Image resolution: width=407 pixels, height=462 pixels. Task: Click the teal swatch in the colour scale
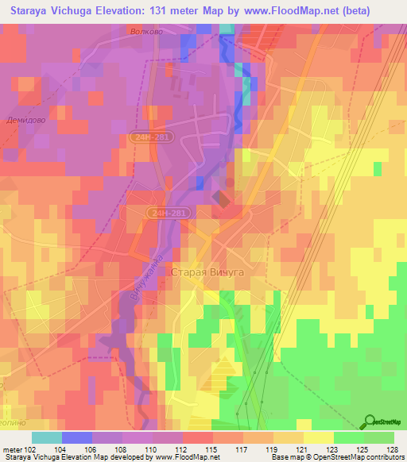[47, 437]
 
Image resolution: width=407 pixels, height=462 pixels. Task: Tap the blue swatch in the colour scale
[77, 437]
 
